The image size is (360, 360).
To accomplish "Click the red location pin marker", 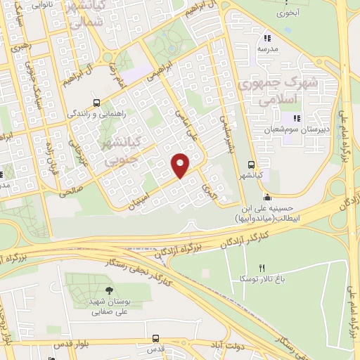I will (181, 165).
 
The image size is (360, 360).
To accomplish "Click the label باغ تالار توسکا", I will (263, 279).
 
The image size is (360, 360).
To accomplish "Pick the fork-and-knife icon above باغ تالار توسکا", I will (262, 267).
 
